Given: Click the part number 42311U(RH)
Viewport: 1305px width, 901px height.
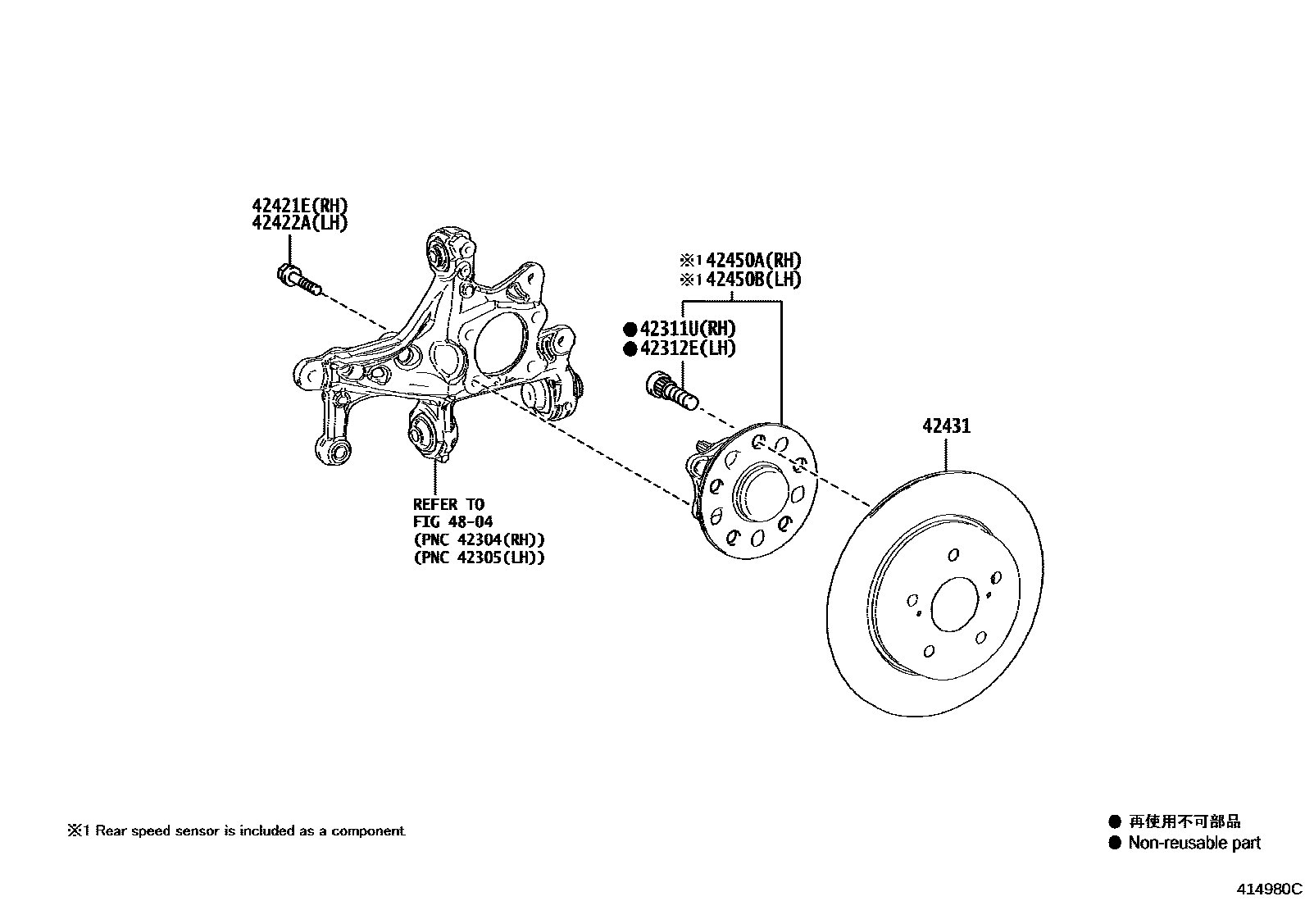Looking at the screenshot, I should tap(688, 329).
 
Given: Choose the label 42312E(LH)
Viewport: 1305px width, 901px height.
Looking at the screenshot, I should tap(688, 348).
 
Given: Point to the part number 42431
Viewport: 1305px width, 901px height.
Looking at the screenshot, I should tap(946, 426).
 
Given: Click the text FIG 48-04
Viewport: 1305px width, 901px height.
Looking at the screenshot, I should tap(452, 521).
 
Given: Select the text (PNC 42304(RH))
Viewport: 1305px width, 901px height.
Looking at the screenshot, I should tap(479, 539).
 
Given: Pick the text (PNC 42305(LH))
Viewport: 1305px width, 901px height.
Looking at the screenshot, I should tap(479, 557).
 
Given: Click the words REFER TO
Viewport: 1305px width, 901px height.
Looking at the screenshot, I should tap(448, 504).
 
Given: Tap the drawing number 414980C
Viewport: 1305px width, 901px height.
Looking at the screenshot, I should tap(1269, 888).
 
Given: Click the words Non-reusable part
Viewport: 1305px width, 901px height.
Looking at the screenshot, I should tap(1194, 843).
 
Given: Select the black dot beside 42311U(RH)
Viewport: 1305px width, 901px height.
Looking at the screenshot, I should tap(630, 330).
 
